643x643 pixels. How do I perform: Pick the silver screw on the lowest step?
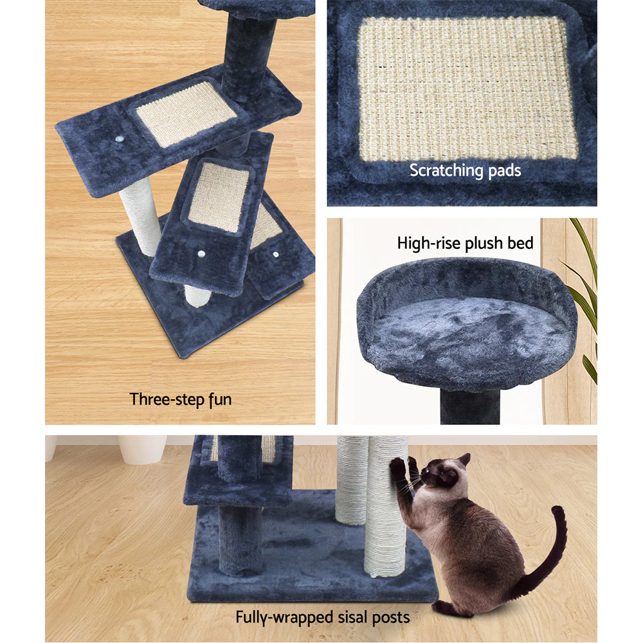pos(275,255)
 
